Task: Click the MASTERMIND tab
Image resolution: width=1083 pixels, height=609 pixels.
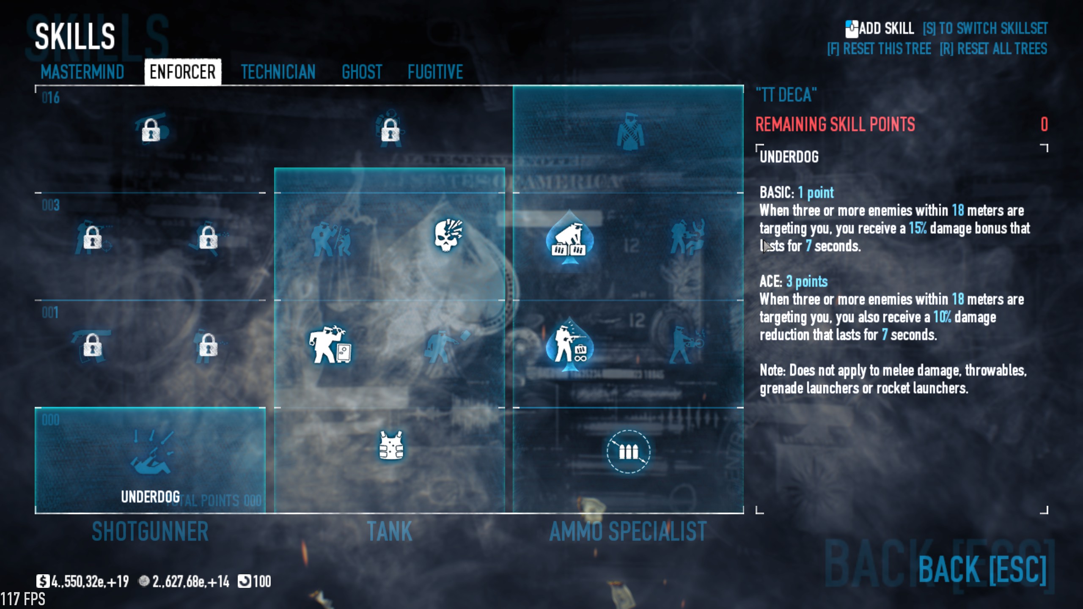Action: click(x=82, y=72)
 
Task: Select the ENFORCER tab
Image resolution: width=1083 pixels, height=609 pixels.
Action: click(x=182, y=72)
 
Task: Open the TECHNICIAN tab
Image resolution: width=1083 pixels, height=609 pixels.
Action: click(x=278, y=72)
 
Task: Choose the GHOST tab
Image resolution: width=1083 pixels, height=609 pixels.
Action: click(x=362, y=72)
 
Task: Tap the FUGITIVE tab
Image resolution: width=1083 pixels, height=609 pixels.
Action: click(x=435, y=72)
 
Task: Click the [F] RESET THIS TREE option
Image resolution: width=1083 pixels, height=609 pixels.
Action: click(x=879, y=49)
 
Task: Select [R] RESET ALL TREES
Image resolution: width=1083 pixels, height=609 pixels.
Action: click(x=993, y=49)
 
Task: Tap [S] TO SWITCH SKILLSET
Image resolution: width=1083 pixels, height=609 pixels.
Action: click(x=985, y=29)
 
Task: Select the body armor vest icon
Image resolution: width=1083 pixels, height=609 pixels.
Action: click(x=390, y=445)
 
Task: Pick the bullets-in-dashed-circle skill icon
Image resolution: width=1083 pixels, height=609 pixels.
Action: click(x=628, y=451)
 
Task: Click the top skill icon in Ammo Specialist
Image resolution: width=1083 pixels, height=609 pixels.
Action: click(x=629, y=131)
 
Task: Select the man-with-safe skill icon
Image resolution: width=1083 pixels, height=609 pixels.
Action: click(x=330, y=345)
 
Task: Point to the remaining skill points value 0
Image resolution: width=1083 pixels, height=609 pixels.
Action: click(x=1044, y=125)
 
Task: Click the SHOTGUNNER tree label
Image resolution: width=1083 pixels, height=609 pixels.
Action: click(x=150, y=532)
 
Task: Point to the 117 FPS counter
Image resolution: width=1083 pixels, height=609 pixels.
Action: click(x=23, y=599)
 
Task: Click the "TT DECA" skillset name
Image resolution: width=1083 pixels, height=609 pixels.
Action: click(x=786, y=95)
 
